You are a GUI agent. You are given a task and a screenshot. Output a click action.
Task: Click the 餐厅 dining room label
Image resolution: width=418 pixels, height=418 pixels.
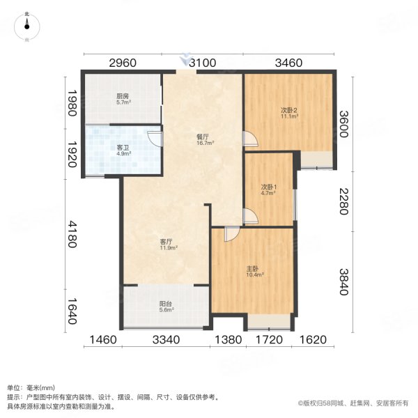coord(204,139)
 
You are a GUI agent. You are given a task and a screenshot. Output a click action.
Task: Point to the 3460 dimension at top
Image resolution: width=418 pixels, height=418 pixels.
coord(288,63)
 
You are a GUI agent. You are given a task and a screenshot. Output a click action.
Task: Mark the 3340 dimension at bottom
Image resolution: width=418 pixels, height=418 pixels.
coord(167,341)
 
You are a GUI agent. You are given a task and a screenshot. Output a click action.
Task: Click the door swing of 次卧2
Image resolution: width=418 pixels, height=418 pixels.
coord(250,139)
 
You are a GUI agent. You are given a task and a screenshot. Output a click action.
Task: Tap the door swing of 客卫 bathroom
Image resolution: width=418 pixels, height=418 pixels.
coord(155,138)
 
